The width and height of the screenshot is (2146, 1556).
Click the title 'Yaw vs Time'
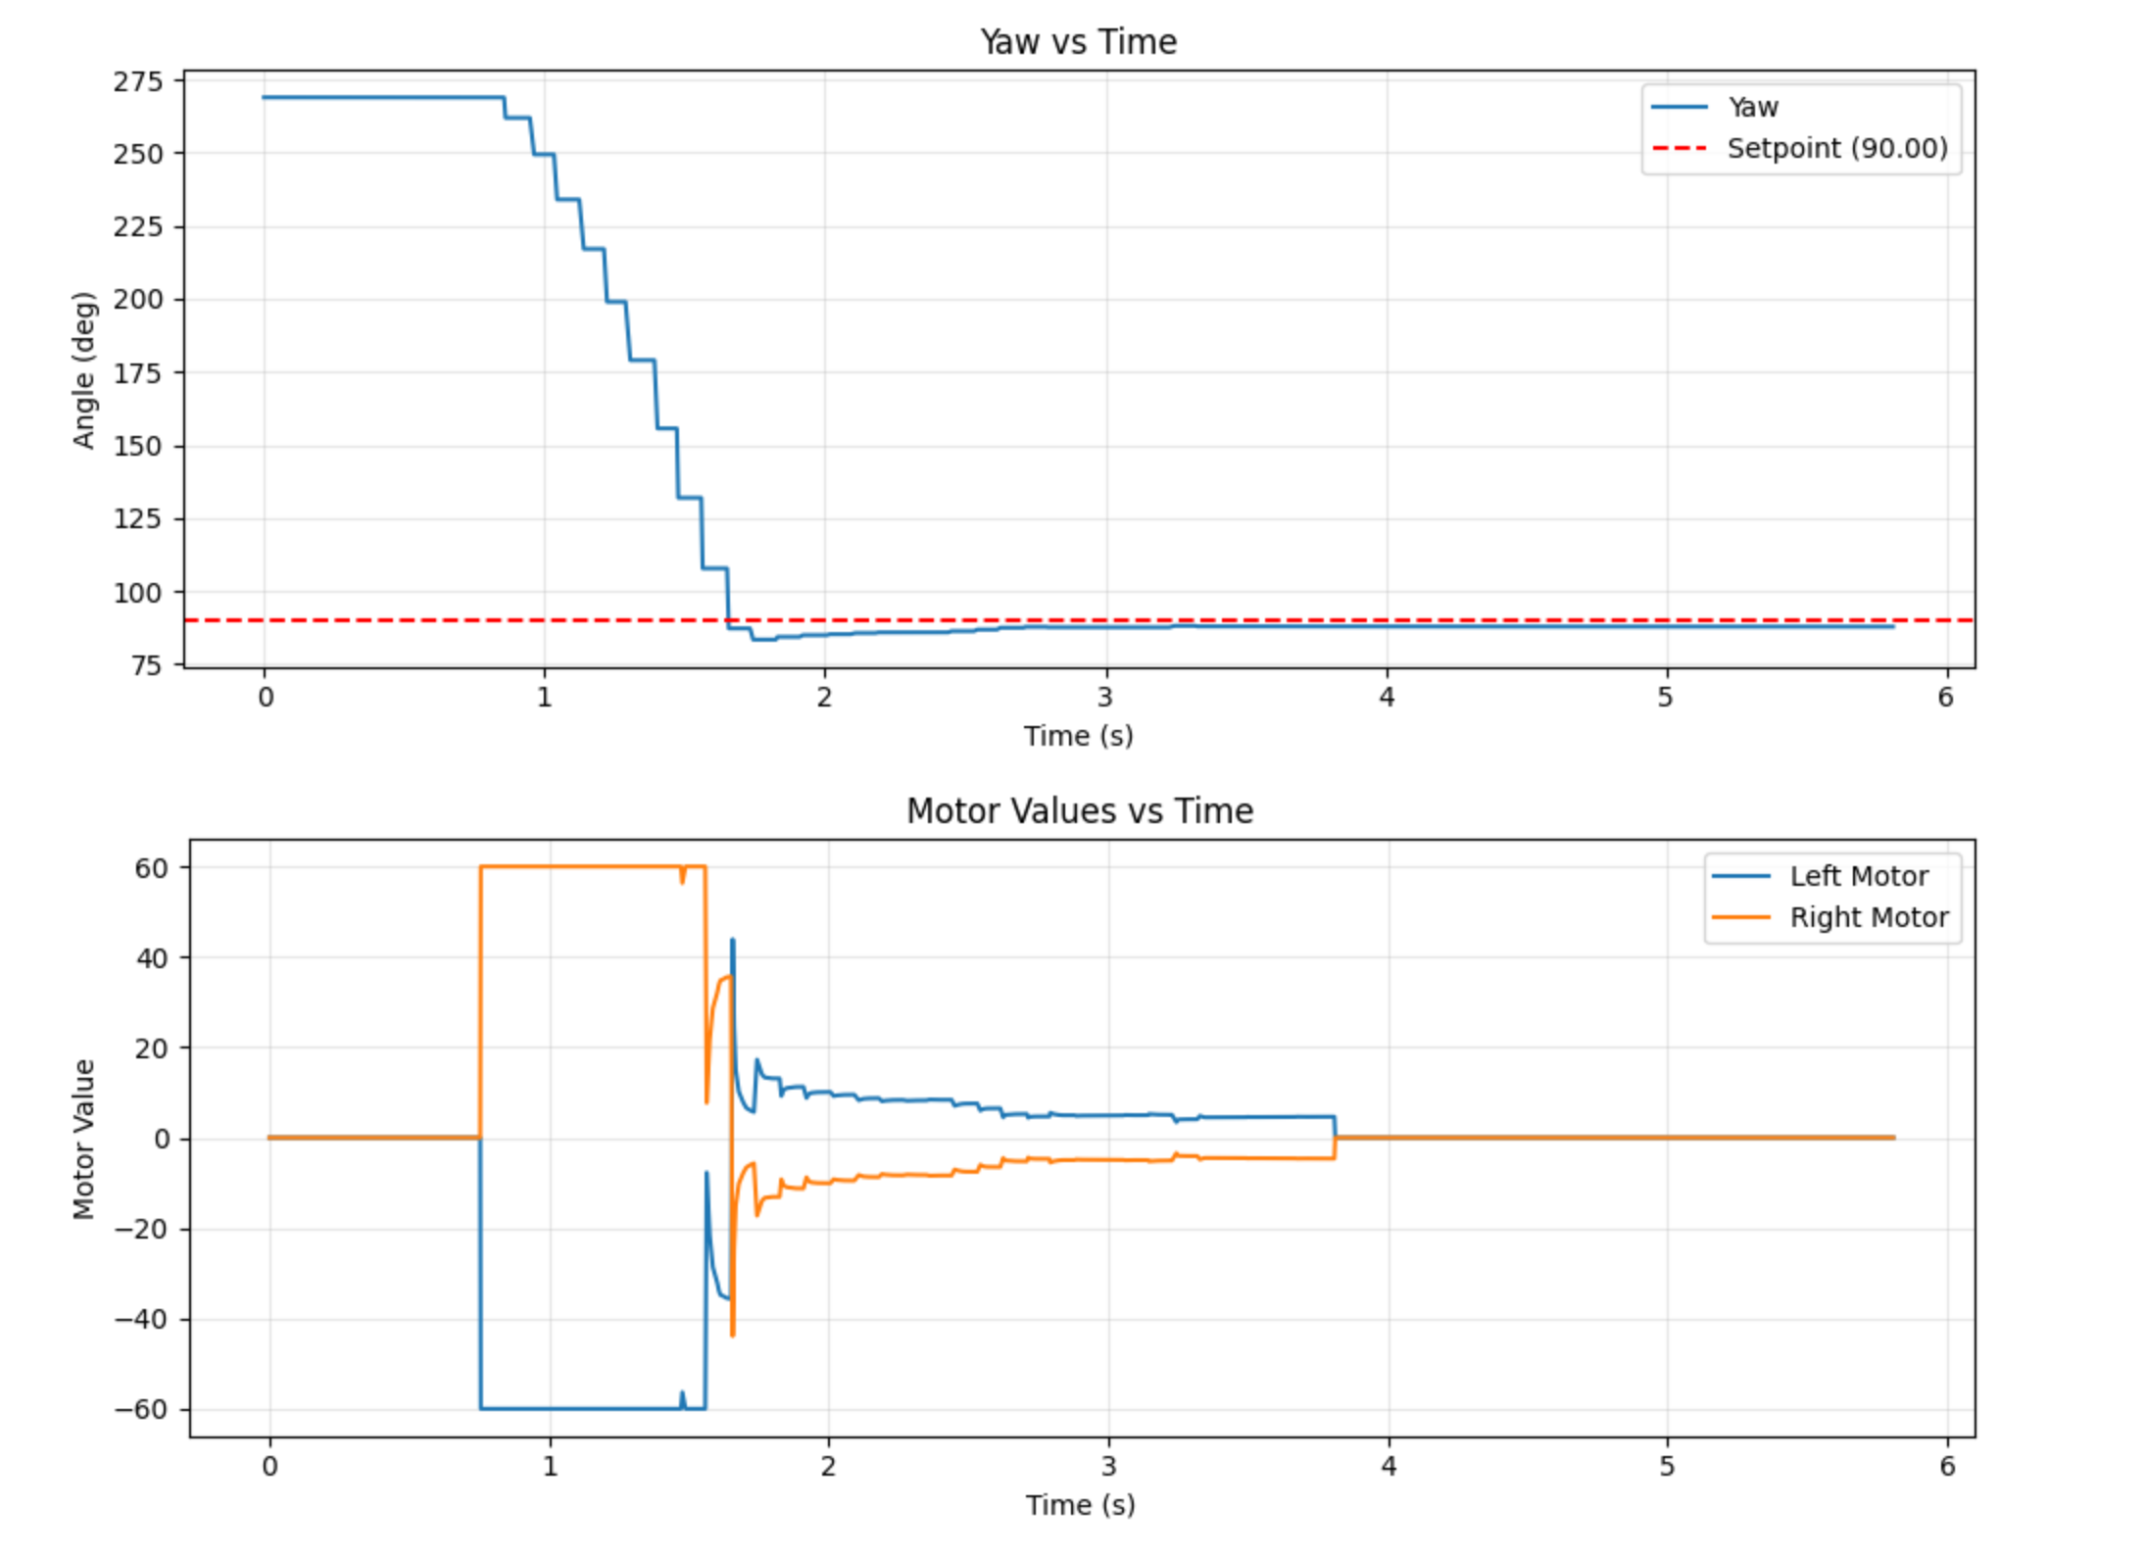pyautogui.click(x=1078, y=42)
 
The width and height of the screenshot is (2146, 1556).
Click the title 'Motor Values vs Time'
pyautogui.click(x=1079, y=810)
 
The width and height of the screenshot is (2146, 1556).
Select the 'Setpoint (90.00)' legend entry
pyautogui.click(x=1836, y=148)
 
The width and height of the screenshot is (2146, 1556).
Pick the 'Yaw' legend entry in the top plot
pyautogui.click(x=1752, y=107)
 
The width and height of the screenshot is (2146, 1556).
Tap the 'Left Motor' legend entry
pyautogui.click(x=1858, y=876)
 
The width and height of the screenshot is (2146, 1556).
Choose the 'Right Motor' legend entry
pyautogui.click(x=1869, y=917)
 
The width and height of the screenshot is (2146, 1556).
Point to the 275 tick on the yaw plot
pyautogui.click(x=138, y=81)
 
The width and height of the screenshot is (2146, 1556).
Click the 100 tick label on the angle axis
pyautogui.click(x=138, y=593)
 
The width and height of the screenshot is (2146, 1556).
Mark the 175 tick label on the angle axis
pyautogui.click(x=138, y=373)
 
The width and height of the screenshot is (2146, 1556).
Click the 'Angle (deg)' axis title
pyautogui.click(x=84, y=370)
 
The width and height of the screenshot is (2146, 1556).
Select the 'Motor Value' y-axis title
pyautogui.click(x=84, y=1139)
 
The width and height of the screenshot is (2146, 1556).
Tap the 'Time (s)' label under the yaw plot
pyautogui.click(x=1078, y=736)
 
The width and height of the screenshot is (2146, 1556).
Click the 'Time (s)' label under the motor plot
pyautogui.click(x=1080, y=1504)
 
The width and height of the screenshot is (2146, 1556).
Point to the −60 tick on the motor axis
pyautogui.click(x=142, y=1409)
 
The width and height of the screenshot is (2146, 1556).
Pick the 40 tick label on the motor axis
pyautogui.click(x=152, y=957)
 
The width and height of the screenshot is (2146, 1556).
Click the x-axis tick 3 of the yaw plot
pyautogui.click(x=1105, y=697)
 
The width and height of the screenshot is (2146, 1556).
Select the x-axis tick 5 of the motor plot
pyautogui.click(x=1667, y=1466)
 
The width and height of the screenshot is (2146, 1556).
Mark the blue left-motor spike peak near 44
pyautogui.click(x=732, y=941)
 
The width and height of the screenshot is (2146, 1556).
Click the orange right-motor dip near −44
pyautogui.click(x=732, y=1335)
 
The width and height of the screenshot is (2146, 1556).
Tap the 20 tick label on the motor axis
pyautogui.click(x=152, y=1047)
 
